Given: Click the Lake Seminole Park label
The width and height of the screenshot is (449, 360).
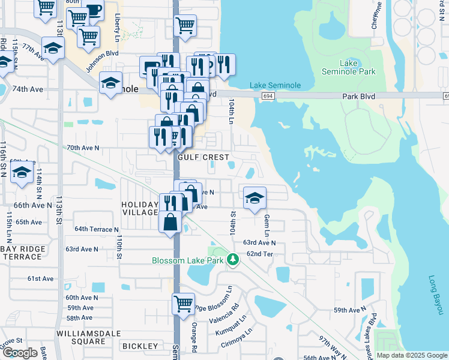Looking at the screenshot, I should (x=357, y=67).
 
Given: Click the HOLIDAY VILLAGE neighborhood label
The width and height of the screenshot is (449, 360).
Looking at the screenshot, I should (x=140, y=209).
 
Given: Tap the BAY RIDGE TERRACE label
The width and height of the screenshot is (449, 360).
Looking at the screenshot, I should (x=23, y=253).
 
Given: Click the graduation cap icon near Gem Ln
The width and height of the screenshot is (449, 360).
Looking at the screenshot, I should (x=255, y=197).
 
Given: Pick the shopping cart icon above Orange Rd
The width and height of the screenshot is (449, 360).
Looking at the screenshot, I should (x=182, y=303).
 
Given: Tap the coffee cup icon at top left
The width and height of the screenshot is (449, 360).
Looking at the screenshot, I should (x=94, y=10).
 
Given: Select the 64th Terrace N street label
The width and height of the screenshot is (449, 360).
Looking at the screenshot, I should (x=97, y=229).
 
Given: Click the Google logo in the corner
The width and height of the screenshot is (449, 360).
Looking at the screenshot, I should (x=20, y=353).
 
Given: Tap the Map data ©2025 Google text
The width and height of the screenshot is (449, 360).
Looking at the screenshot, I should (x=411, y=355).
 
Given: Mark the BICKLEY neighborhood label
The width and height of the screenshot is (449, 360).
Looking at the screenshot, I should (x=139, y=346).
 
